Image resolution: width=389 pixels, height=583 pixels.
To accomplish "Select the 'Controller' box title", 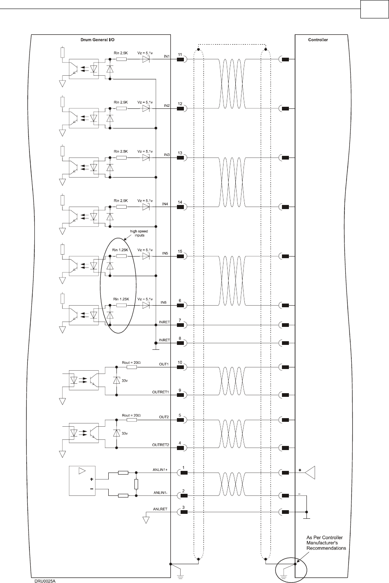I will point(318,40).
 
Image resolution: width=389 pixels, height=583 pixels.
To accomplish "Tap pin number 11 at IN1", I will point(180,54).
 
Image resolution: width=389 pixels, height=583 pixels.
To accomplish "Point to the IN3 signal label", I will point(166,155).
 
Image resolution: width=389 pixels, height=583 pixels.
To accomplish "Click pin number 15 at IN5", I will point(180,251).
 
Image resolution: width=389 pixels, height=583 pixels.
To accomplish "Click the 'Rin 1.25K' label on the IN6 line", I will point(121,299).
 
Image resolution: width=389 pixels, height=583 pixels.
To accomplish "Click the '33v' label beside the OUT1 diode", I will point(124,380).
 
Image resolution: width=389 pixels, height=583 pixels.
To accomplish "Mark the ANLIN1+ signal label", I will point(161,470).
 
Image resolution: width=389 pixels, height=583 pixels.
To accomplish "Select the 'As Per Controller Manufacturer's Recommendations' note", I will point(326,542).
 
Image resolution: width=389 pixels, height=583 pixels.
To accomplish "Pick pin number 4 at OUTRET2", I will point(180,442).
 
